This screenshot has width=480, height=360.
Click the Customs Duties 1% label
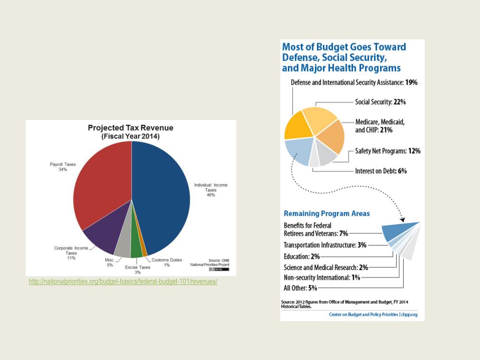pos(166,262)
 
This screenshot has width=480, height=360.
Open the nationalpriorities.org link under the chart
pos(123,281)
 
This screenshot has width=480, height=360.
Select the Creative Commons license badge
pos(219,270)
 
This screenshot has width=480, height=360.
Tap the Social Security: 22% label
pos(380,102)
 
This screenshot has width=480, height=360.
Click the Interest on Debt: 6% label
pos(381,171)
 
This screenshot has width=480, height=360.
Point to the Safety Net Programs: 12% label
pos(388,151)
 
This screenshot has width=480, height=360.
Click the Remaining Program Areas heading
pos(327,213)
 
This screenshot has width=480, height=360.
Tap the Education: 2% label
pos(301,256)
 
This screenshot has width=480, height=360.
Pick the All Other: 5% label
pos(300,288)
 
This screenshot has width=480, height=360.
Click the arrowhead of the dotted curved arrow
pos(403,219)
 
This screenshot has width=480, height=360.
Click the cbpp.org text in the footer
pos(409,315)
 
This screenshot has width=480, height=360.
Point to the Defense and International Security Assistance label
pos(354,82)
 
